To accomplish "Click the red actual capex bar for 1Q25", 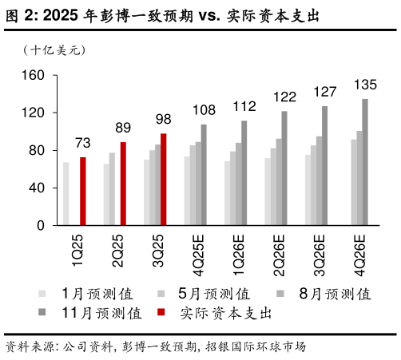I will [x=83, y=192].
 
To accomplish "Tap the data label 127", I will [x=325, y=93].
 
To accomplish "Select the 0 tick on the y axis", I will [x=37, y=226].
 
